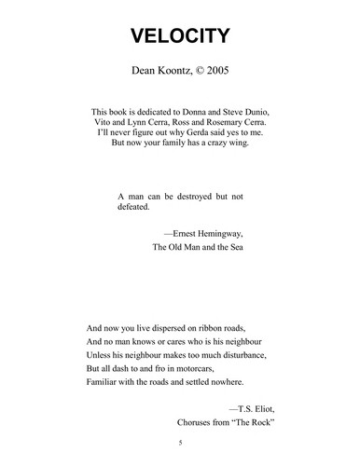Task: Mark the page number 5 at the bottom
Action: click(x=180, y=443)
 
